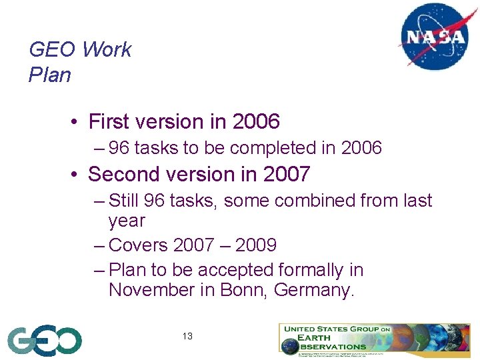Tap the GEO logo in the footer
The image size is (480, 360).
click(45, 341)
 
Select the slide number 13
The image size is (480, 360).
click(187, 336)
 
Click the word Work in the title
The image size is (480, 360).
click(107, 49)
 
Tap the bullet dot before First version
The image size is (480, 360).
click(77, 123)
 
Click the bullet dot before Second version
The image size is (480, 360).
click(77, 175)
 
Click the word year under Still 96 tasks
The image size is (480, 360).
click(127, 221)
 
